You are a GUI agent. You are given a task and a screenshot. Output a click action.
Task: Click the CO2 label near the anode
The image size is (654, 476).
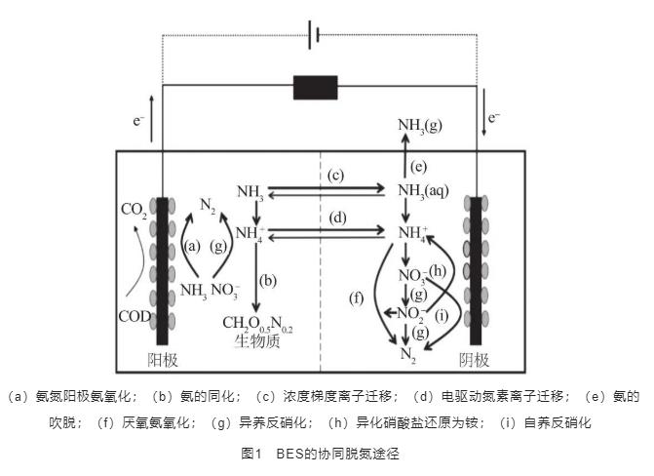tap(134, 210)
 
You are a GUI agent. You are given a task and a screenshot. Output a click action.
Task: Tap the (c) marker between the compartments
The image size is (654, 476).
tap(335, 176)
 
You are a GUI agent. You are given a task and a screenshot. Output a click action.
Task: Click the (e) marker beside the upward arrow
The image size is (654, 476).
tap(419, 164)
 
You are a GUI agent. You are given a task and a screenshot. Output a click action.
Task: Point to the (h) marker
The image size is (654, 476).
tap(441, 270)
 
